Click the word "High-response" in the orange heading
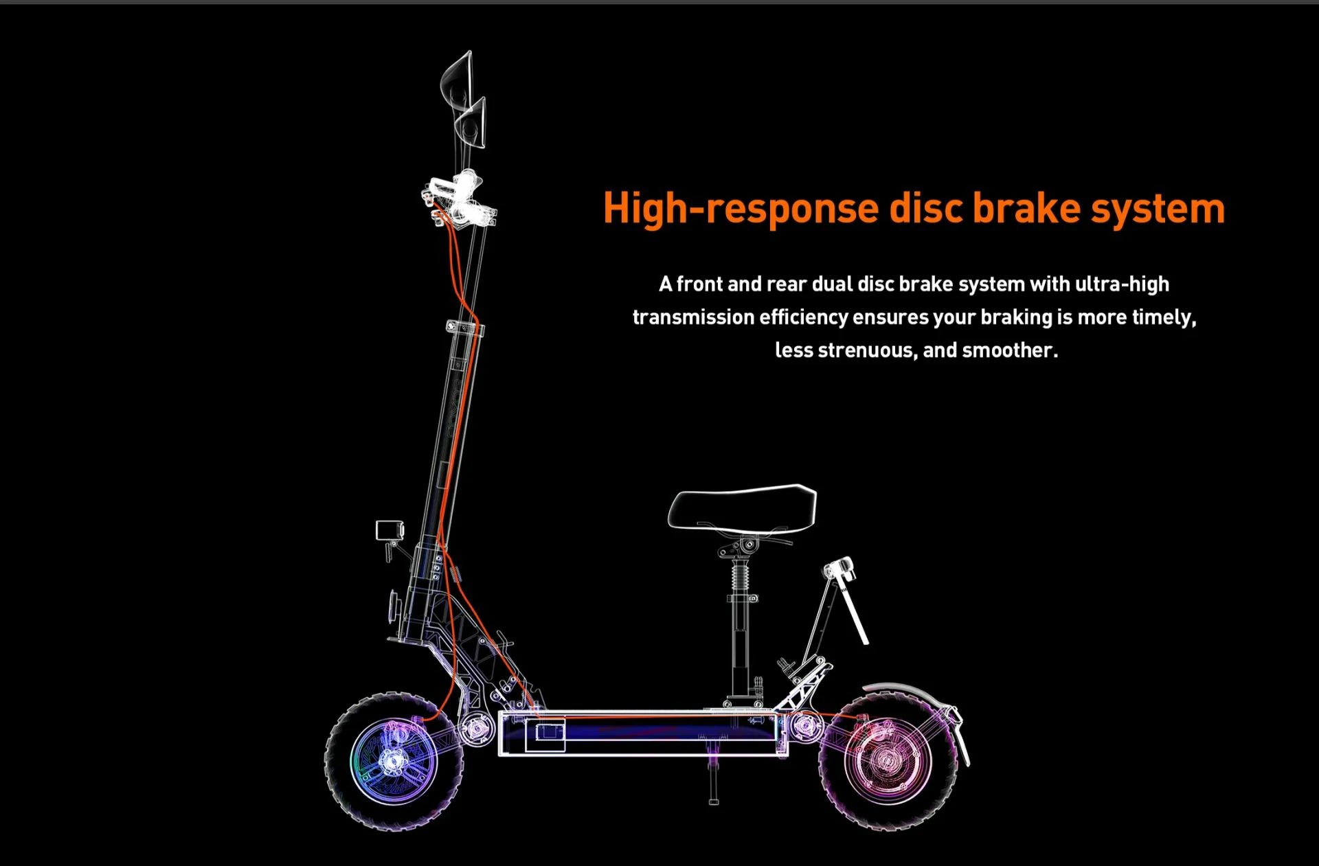point(741,209)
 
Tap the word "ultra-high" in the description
point(1122,284)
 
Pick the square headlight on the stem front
point(389,530)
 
